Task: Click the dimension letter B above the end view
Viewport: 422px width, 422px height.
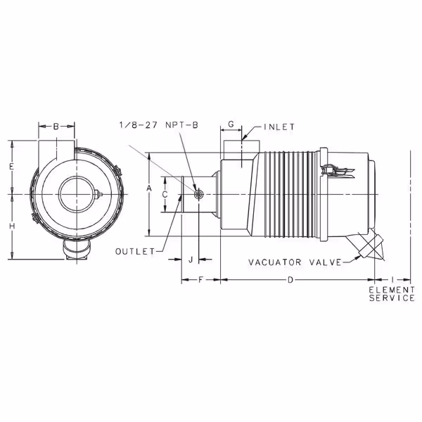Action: coord(56,126)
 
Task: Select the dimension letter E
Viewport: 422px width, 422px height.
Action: coord(11,167)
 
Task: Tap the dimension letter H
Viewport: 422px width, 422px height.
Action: coord(12,226)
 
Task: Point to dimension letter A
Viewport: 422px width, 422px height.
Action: coord(149,188)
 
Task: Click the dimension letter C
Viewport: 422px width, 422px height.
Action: coord(165,194)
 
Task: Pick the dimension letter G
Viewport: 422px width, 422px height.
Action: coord(231,124)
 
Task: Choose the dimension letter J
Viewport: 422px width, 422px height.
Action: coord(191,260)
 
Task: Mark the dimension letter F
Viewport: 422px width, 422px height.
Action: coord(200,280)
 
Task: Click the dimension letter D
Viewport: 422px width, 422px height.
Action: coord(290,280)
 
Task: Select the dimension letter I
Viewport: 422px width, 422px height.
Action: coord(392,280)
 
